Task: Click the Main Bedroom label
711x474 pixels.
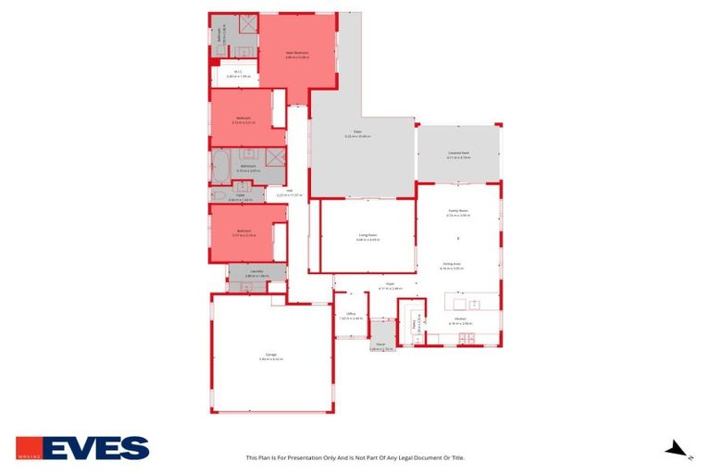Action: [x=296, y=53]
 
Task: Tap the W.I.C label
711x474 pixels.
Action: [x=238, y=71]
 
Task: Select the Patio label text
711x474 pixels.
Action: [x=356, y=132]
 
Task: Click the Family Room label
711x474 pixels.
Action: [x=458, y=211]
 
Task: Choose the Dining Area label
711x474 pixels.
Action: [x=452, y=264]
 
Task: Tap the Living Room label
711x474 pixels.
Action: [x=368, y=236]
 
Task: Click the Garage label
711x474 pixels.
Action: [x=271, y=354]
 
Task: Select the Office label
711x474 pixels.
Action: [x=351, y=314]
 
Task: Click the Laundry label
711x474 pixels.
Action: [x=256, y=271]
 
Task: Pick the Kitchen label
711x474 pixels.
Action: [x=460, y=319]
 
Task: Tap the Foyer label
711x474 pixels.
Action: [x=390, y=284]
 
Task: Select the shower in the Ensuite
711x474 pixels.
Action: [x=247, y=25]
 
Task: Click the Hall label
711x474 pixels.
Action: [x=290, y=192]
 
